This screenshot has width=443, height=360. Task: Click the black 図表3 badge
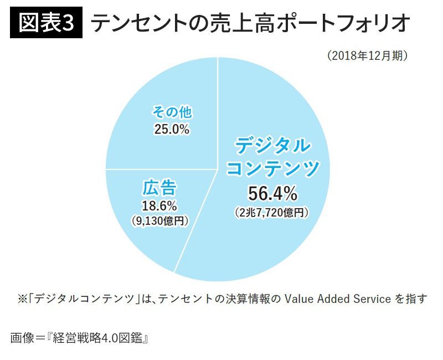pyautogui.click(x=46, y=23)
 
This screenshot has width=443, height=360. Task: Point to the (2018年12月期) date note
pyautogui.click(x=368, y=56)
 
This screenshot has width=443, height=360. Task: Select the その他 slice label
pyautogui.click(x=172, y=112)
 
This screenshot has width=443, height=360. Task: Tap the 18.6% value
pyautogui.click(x=159, y=206)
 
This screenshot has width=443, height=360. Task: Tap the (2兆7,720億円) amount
pyautogui.click(x=271, y=212)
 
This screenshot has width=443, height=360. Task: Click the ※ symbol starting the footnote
pyautogui.click(x=22, y=299)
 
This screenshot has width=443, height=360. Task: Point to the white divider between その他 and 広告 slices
pyautogui.click(x=161, y=168)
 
